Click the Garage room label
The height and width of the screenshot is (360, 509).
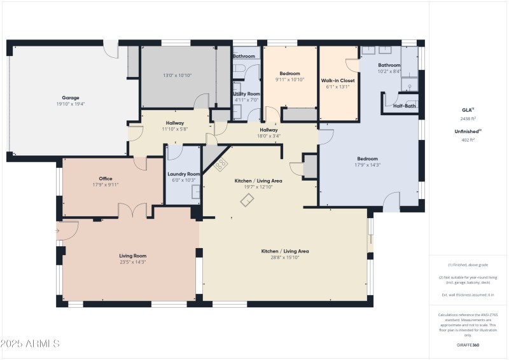[70, 97]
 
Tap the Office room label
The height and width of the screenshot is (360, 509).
[106, 179]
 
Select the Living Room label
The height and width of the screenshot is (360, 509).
[133, 256]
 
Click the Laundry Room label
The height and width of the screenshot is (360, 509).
[184, 174]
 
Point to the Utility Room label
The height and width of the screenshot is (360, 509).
[247, 93]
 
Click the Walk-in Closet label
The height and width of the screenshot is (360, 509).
[338, 81]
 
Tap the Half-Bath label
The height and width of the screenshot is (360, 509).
[405, 106]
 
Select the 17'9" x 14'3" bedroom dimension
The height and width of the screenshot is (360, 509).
[367, 165]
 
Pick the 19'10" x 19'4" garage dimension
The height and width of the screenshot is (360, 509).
[70, 104]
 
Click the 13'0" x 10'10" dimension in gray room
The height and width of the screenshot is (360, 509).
[177, 75]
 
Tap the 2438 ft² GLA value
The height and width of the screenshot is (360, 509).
[468, 119]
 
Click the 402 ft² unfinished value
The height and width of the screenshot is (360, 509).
[468, 140]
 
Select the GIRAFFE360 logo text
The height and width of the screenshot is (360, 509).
[468, 344]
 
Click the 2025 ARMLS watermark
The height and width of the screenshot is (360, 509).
[30, 343]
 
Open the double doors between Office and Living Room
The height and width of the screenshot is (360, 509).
[132, 211]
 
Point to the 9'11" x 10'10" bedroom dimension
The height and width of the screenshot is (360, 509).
[290, 80]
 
